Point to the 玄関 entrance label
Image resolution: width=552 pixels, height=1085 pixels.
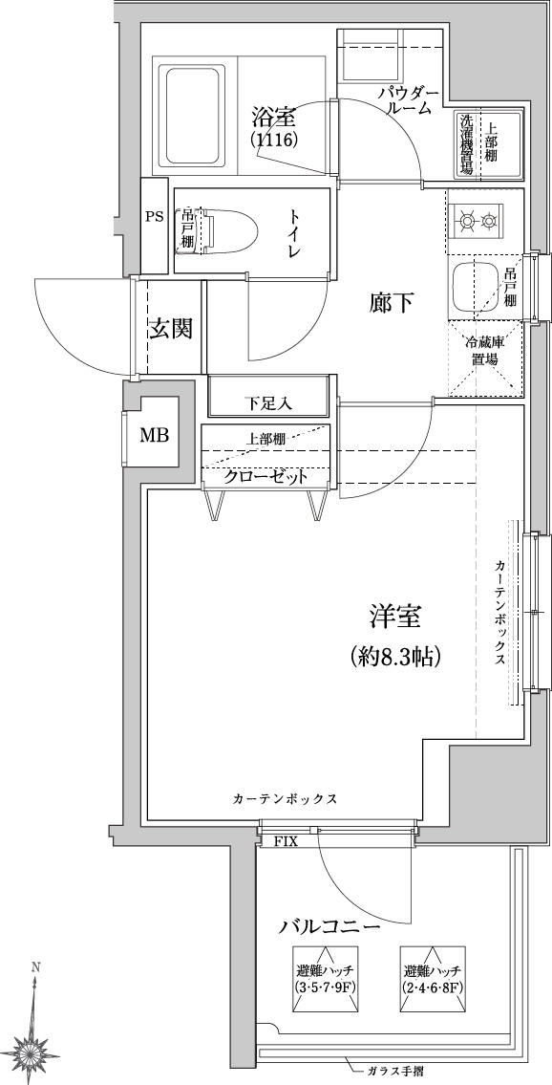click(x=169, y=328)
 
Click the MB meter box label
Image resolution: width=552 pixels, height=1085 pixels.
click(x=155, y=436)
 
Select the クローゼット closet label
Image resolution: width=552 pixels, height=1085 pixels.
click(x=265, y=477)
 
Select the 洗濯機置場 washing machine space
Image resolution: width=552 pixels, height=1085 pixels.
click(x=467, y=144)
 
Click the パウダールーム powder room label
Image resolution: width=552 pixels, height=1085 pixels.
click(x=409, y=99)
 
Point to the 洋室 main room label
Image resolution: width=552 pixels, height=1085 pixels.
click(x=394, y=617)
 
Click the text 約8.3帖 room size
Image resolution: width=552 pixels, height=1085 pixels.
click(x=395, y=655)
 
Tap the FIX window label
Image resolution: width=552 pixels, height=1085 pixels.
click(x=286, y=842)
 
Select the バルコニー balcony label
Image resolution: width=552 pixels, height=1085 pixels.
click(x=330, y=926)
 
